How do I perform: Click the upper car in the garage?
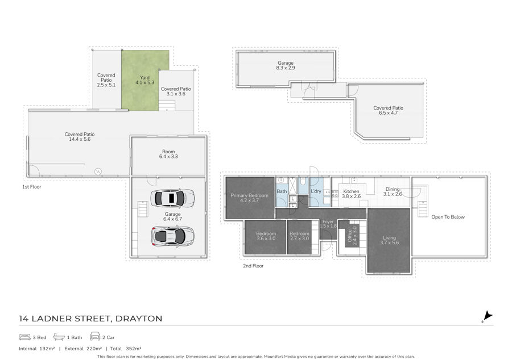point(172,198)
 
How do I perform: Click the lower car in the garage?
point(172,236)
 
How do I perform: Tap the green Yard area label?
point(144,80)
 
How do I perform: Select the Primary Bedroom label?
point(250,198)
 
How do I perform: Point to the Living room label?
point(389,240)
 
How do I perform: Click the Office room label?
point(352,235)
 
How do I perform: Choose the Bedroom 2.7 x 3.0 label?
point(299,236)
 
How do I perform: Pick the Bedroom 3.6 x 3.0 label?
point(266,236)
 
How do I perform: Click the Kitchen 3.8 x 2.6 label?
point(352,194)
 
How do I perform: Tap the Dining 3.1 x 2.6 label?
point(393,191)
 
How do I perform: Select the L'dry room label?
point(316,191)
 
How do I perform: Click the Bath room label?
point(282,191)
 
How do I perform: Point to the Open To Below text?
point(448,217)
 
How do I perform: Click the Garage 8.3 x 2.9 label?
point(286,65)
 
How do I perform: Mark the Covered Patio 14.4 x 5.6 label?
point(80,137)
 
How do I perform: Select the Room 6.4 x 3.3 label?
point(168,154)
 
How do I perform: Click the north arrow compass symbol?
point(487,316)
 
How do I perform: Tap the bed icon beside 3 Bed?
point(25,337)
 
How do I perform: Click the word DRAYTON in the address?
point(139,319)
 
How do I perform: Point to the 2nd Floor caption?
point(253,266)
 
